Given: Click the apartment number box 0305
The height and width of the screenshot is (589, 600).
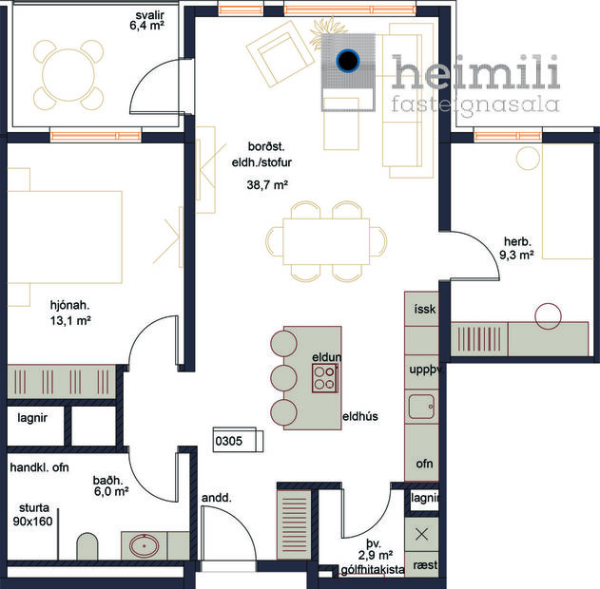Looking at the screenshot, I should pos(229,442).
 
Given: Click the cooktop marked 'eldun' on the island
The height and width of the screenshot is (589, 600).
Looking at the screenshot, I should pos(326,378).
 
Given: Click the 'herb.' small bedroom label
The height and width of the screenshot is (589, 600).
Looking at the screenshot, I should pos(517,241).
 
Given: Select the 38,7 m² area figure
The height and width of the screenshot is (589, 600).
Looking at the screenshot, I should pos(267,185).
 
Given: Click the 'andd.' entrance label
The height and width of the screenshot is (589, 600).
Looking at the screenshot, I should pos(217,498).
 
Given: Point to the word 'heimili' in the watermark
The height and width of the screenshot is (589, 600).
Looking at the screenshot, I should pos(475,73).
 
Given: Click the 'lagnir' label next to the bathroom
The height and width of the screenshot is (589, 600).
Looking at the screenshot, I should pos(31,416).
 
